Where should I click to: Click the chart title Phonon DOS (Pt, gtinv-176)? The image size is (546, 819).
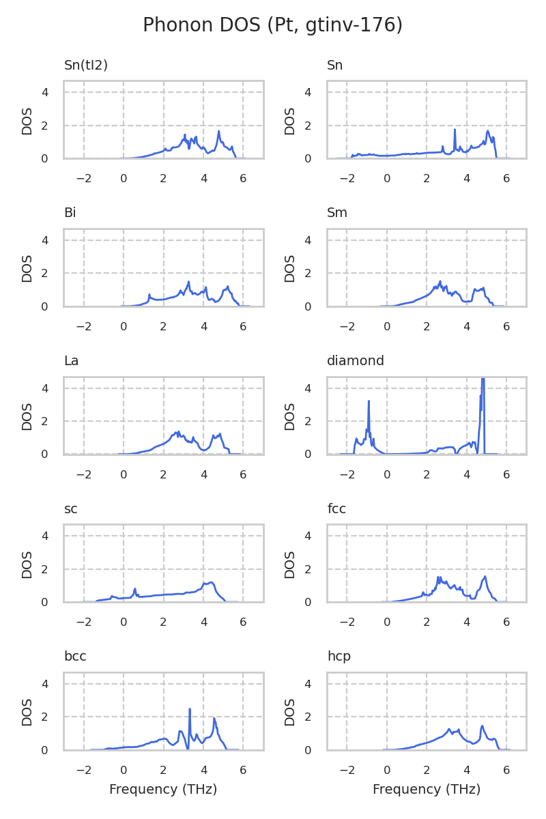click(x=272, y=25)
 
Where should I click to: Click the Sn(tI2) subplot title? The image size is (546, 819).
click(x=86, y=66)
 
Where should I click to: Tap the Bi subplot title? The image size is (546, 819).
click(x=70, y=213)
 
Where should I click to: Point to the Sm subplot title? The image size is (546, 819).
click(x=337, y=213)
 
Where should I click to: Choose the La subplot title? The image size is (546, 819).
click(x=71, y=361)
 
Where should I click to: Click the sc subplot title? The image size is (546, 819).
click(x=70, y=509)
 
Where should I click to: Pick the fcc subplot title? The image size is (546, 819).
click(x=336, y=509)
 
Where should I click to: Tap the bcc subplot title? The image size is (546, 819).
click(x=75, y=657)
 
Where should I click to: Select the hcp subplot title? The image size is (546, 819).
click(x=339, y=657)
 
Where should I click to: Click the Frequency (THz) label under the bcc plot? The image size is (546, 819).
click(x=163, y=790)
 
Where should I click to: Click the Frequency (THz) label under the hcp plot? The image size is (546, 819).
click(x=427, y=790)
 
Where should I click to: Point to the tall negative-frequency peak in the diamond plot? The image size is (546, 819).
click(x=369, y=402)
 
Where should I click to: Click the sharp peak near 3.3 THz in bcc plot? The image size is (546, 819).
click(x=190, y=710)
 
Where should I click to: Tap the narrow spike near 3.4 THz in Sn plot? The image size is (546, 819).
click(x=455, y=130)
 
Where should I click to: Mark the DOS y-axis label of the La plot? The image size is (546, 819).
click(x=27, y=416)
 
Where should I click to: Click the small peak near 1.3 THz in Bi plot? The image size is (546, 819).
click(x=149, y=295)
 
